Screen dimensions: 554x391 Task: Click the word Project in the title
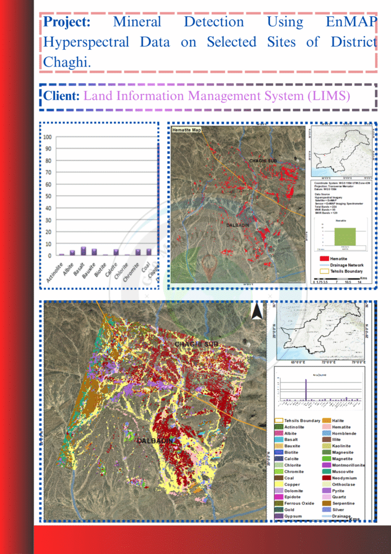(x=66, y=22)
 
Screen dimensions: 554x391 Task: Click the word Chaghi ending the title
(x=67, y=62)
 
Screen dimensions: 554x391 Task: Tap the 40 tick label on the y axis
(x=49, y=208)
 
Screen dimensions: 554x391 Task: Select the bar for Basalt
(x=83, y=250)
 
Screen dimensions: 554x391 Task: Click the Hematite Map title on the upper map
(x=186, y=130)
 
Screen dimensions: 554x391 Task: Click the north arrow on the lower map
(x=257, y=312)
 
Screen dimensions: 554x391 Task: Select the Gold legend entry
(x=289, y=510)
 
